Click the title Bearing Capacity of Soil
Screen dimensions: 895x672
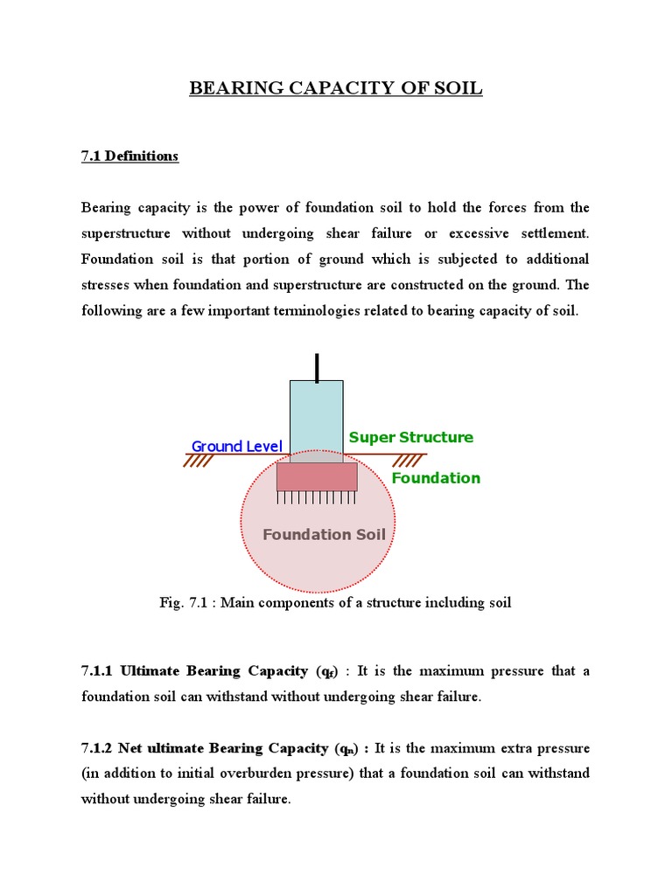click(336, 88)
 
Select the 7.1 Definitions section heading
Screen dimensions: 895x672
click(129, 156)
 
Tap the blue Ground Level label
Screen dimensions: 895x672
click(236, 447)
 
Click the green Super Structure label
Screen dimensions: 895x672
click(410, 437)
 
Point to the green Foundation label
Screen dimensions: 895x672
click(436, 478)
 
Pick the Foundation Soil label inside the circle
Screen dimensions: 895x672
click(324, 534)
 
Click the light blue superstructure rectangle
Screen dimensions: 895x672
click(317, 415)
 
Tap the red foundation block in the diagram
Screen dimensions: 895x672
click(317, 476)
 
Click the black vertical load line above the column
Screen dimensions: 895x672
click(317, 367)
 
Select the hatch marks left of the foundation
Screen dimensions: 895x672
click(199, 461)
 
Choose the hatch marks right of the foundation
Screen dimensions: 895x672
click(407, 461)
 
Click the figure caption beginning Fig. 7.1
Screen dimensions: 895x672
click(335, 602)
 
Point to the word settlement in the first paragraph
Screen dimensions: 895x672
click(555, 233)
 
